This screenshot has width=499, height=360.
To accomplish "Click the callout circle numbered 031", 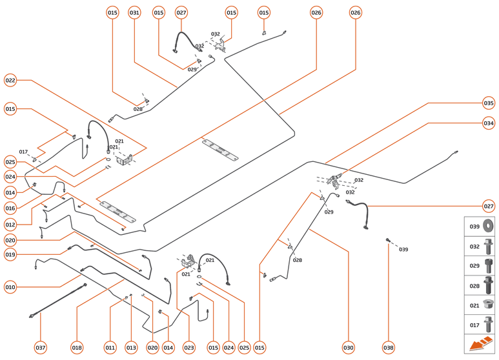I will pyautogui.click(x=134, y=12).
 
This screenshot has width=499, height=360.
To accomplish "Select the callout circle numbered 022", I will pyautogui.click(x=10, y=81).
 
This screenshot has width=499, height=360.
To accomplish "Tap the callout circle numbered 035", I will pyautogui.click(x=489, y=103).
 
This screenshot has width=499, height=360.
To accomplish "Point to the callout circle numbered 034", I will pyautogui.click(x=489, y=123).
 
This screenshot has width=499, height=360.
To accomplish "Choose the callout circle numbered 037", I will pyautogui.click(x=41, y=348).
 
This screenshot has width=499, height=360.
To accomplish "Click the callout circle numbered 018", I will pyautogui.click(x=77, y=348).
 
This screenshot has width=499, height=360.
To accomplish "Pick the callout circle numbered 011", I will pyautogui.click(x=110, y=348).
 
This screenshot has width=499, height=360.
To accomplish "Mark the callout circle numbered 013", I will pyautogui.click(x=131, y=348).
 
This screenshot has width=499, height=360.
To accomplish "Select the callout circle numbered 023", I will pyautogui.click(x=189, y=348).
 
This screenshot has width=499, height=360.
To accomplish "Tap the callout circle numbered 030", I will pyautogui.click(x=349, y=348).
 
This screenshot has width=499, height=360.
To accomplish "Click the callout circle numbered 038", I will pyautogui.click(x=388, y=348).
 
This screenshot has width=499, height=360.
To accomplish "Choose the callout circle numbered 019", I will pyautogui.click(x=10, y=255).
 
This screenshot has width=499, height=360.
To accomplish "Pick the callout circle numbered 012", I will pyautogui.click(x=10, y=225).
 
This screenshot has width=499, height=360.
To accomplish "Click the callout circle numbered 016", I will pyautogui.click(x=10, y=208).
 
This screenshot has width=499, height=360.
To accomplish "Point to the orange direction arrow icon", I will pyautogui.click(x=480, y=344).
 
